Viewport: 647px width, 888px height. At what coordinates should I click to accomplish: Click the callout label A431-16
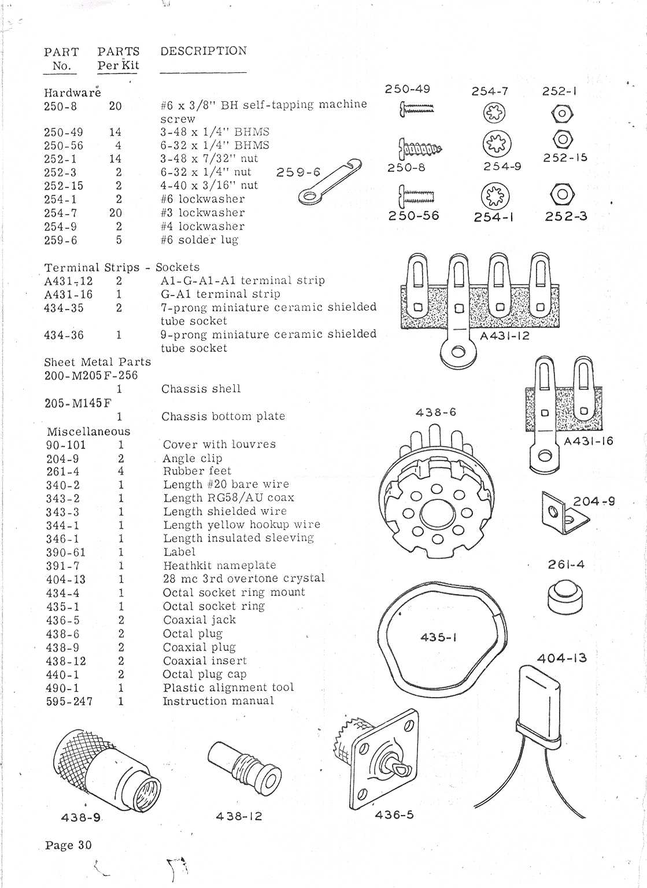click(589, 441)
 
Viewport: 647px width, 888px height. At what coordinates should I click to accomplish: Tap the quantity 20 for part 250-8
click(115, 106)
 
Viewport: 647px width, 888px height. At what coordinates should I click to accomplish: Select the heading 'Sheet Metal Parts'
click(97, 362)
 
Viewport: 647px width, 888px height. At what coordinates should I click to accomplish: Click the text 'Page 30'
click(68, 845)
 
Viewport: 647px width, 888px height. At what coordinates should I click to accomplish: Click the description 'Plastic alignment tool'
click(228, 688)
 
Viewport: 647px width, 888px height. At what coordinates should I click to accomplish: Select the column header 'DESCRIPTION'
click(204, 51)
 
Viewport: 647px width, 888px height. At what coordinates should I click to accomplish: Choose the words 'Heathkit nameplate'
click(219, 566)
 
